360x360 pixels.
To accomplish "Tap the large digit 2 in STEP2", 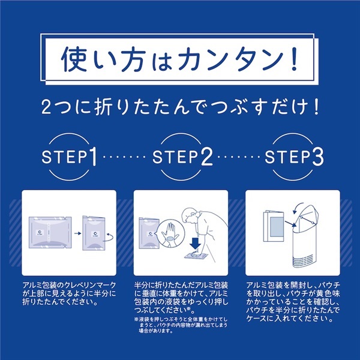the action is click(206, 157).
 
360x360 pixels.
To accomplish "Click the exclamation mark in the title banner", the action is click(294, 59).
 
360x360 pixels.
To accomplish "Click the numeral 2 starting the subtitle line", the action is click(46, 107).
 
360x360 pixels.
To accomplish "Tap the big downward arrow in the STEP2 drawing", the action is click(196, 244).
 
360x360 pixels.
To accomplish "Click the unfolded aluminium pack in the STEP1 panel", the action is click(50, 232).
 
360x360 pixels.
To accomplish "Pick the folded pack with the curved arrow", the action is click(94, 233).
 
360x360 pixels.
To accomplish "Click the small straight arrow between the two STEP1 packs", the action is click(77, 233).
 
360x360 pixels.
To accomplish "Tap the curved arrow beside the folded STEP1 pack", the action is click(108, 237).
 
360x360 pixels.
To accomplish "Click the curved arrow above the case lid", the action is click(298, 207).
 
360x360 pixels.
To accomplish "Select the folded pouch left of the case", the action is click(274, 226).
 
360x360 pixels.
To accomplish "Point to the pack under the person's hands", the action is click(196, 256).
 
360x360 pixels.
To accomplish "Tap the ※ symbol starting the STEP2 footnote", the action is click(136, 319).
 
